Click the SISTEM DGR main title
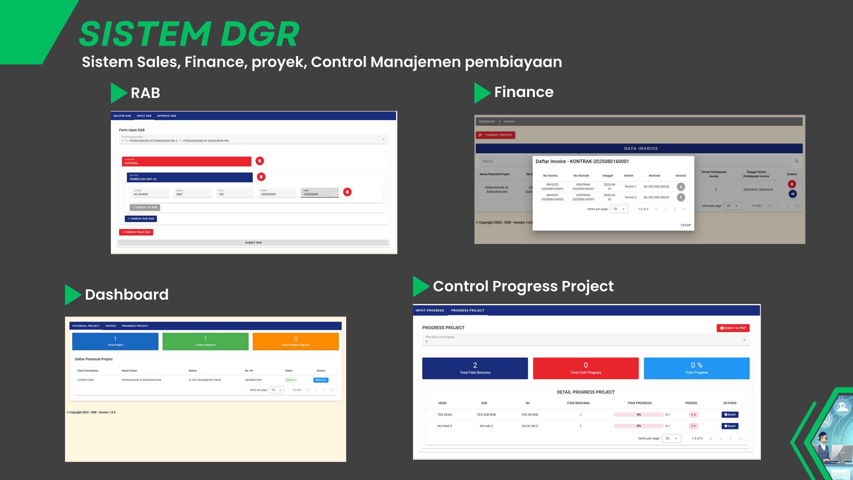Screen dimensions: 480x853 coord(189,34)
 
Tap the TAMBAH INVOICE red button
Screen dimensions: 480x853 coord(495,135)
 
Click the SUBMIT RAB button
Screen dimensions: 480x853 coord(253,243)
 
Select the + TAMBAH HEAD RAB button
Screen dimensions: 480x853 coord(136,232)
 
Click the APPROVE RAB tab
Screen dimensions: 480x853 coord(166,116)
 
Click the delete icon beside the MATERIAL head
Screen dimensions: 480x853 coord(260,161)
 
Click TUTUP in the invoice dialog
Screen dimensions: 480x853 coord(686,225)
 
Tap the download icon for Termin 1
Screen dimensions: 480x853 coord(681,187)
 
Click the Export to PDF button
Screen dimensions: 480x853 coord(733,328)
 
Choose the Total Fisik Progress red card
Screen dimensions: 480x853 coord(585,368)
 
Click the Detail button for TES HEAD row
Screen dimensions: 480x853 coord(730,415)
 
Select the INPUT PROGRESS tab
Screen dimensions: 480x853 coord(430,310)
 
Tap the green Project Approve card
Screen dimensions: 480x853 coord(205,341)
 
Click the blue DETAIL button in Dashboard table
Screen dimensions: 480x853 coord(321,380)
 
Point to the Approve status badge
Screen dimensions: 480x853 coord(291,380)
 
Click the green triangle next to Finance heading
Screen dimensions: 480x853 coord(482,93)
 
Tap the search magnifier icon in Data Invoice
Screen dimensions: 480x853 coord(797,161)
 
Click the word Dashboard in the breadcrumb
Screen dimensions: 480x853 coord(487,122)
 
